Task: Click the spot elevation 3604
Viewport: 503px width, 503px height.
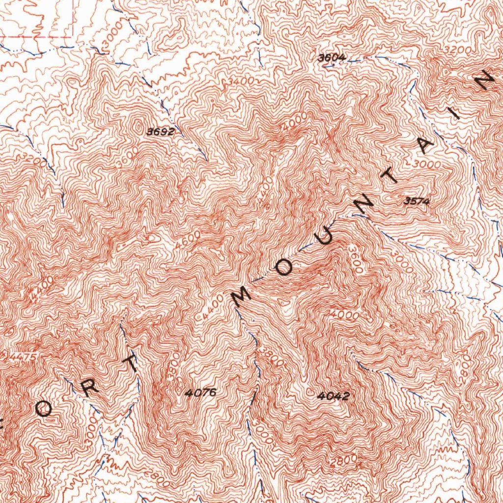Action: pyautogui.click(x=332, y=58)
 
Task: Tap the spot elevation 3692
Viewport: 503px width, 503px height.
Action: pyautogui.click(x=160, y=132)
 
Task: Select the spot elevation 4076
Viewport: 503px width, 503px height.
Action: pyautogui.click(x=200, y=392)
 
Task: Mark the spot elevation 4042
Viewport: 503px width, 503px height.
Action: pyautogui.click(x=333, y=395)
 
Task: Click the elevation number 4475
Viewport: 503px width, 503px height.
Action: pyautogui.click(x=21, y=358)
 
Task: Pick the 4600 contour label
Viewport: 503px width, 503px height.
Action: pyautogui.click(x=187, y=240)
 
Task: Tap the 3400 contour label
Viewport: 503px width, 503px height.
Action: pyautogui.click(x=241, y=81)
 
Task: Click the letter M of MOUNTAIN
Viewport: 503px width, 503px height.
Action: pyautogui.click(x=241, y=296)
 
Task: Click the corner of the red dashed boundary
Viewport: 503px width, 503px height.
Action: pyautogui.click(x=73, y=36)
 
